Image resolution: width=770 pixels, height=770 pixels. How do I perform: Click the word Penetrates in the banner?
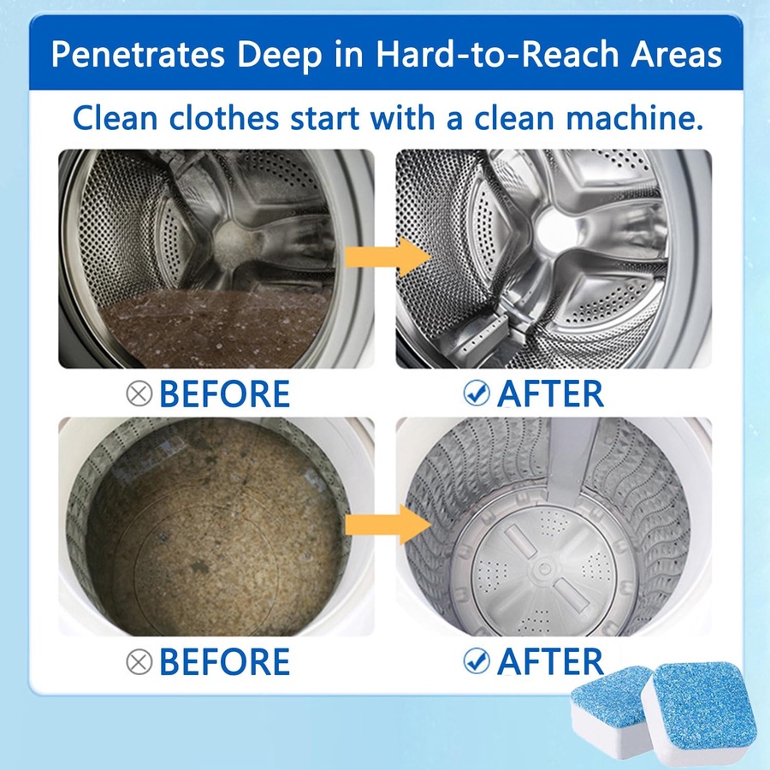[x=138, y=54]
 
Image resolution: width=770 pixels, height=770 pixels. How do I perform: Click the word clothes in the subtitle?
[x=224, y=118]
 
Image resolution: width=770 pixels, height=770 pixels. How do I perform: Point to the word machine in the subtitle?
[x=634, y=118]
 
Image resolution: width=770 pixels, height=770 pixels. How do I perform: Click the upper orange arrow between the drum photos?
[x=388, y=257]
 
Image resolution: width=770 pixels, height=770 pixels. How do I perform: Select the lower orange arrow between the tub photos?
[x=388, y=525]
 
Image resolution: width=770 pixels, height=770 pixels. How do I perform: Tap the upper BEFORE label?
[x=225, y=394]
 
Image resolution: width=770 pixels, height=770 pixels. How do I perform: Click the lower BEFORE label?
[x=225, y=661]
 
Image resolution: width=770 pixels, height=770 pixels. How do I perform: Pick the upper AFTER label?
[x=550, y=394]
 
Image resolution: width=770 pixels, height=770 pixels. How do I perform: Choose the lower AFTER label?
[x=550, y=661]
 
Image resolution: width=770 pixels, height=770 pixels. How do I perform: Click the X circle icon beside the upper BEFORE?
[x=139, y=394]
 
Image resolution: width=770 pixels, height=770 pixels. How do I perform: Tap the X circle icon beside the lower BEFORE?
[x=139, y=661]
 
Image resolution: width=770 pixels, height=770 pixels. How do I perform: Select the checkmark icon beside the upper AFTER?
[x=477, y=393]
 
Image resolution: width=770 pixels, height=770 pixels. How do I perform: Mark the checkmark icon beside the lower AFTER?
[x=477, y=661]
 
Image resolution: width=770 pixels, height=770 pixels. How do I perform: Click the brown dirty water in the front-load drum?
[x=216, y=329]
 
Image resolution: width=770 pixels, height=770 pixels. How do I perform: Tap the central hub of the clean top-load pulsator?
[x=543, y=569]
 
